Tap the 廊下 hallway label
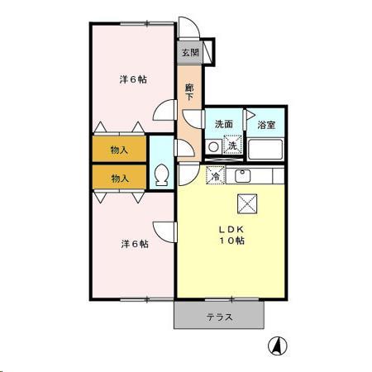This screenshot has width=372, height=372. tap(189, 92)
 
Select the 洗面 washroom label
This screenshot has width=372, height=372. tap(223, 125)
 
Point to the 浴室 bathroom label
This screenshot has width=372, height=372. tap(266, 125)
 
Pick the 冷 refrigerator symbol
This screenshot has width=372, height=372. tap(215, 176)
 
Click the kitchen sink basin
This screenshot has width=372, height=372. tap(243, 175)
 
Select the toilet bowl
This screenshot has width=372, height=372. tap(162, 175)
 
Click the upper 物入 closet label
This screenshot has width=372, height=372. tap(120, 150)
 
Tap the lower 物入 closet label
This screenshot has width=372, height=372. tap(120, 178)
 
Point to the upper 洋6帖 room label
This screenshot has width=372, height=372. tap(132, 80)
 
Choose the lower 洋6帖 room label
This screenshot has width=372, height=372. tap(134, 244)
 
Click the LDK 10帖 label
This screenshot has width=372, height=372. tap(231, 234)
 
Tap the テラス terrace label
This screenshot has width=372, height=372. tap(219, 317)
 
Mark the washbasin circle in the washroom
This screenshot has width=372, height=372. tap(213, 147)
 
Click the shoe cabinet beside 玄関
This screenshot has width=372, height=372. tap(208, 51)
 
